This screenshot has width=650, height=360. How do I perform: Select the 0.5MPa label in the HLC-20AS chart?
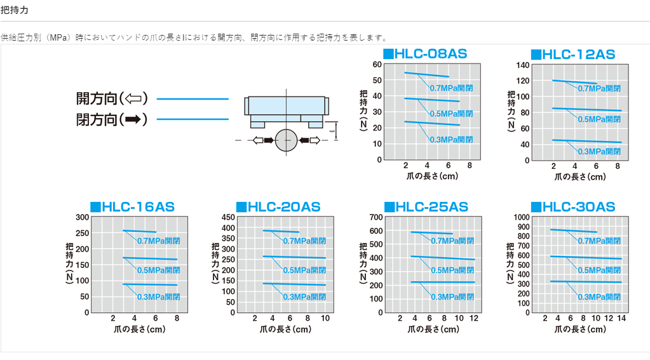pyautogui.click(x=304, y=270)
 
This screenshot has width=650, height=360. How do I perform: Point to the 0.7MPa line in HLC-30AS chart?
pyautogui.click(x=572, y=231)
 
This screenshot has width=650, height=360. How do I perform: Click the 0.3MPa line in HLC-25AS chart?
pyautogui.click(x=442, y=282)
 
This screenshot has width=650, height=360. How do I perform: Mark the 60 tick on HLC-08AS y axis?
pyautogui.click(x=377, y=65)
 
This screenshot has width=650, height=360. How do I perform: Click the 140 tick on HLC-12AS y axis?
pyautogui.click(x=523, y=65)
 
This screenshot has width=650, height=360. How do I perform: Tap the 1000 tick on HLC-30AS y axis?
pyautogui.click(x=520, y=217)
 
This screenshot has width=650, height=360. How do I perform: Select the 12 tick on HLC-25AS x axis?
pyautogui.click(x=474, y=318)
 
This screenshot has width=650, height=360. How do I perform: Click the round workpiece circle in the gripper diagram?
pyautogui.click(x=287, y=140)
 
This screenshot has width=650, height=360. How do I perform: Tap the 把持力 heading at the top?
pyautogui.click(x=14, y=11)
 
